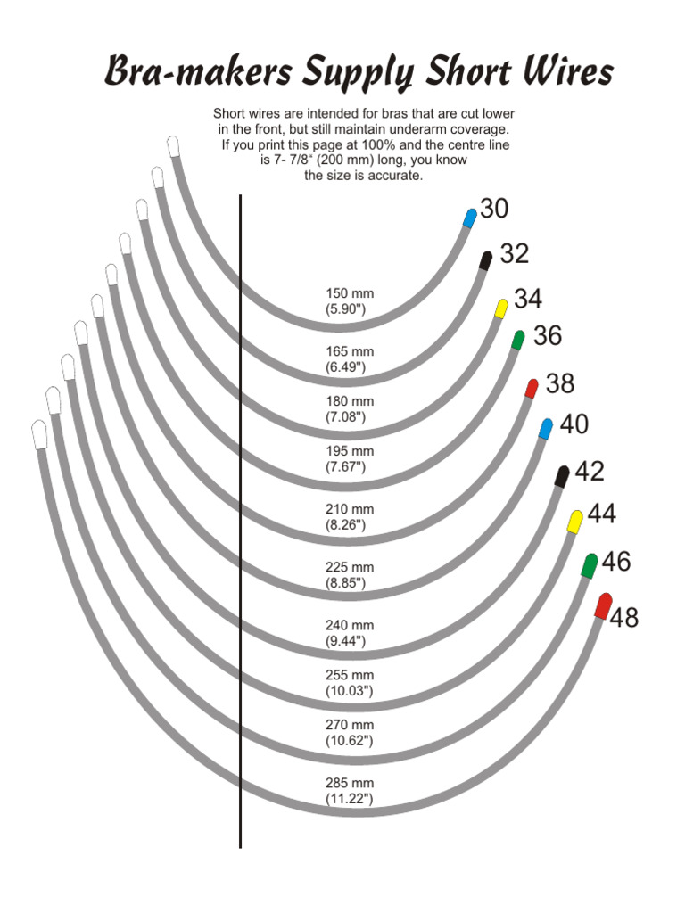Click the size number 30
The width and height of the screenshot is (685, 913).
(494, 209)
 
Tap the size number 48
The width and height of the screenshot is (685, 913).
(624, 617)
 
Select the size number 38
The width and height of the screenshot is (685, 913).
(559, 384)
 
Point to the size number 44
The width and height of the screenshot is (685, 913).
(602, 514)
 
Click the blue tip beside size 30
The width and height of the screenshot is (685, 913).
(470, 218)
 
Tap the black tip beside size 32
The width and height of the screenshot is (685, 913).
(486, 260)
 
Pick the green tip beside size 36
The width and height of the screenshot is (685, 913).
(518, 340)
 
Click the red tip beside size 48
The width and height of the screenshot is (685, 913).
(604, 605)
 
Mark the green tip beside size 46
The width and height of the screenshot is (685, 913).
(590, 565)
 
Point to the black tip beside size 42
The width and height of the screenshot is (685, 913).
(562, 476)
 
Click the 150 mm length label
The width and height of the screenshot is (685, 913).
(350, 293)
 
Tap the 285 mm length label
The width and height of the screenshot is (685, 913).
(350, 783)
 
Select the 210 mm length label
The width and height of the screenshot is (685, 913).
(350, 509)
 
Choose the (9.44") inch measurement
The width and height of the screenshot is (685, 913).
(346, 641)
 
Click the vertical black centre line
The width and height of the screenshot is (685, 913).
(240, 535)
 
